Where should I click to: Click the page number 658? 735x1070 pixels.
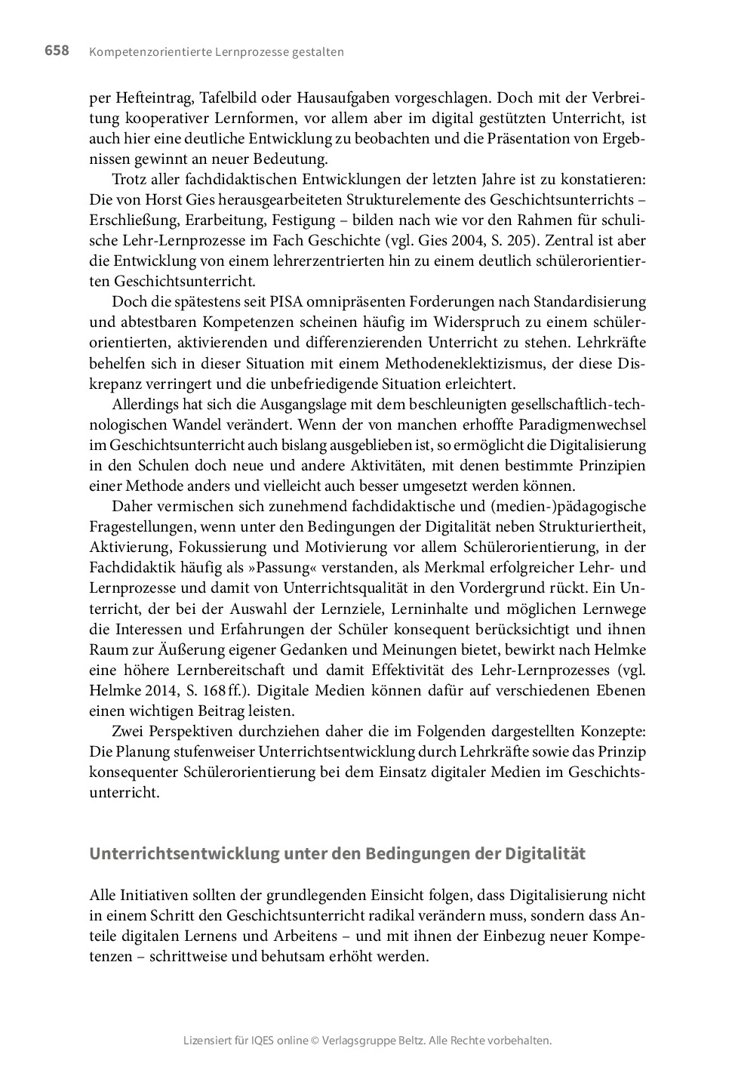(57, 51)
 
